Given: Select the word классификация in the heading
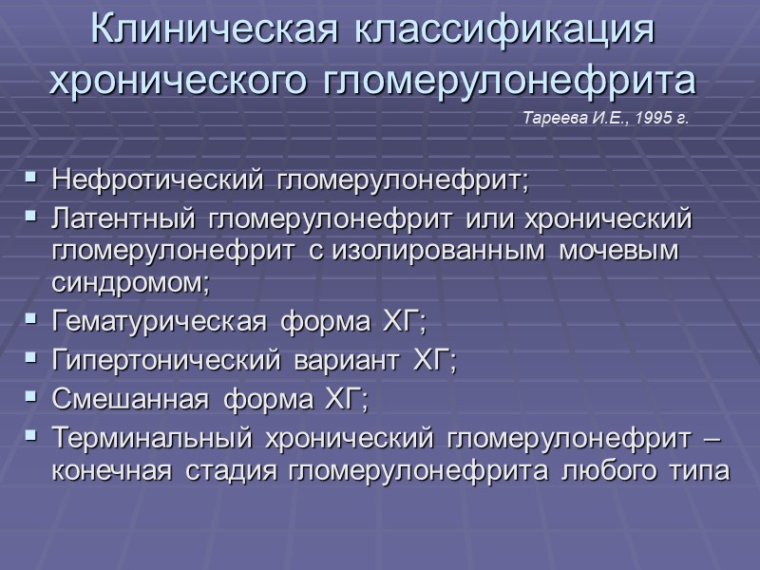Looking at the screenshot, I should (x=505, y=29).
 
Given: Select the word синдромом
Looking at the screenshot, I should (x=124, y=283).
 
